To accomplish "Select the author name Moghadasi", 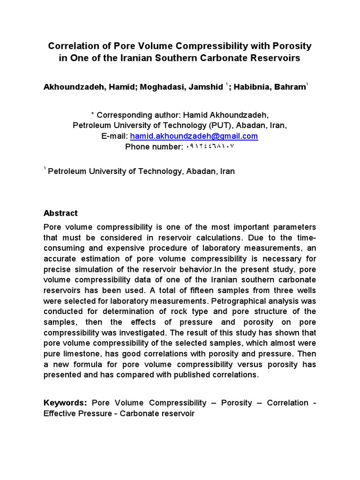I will coord(159,87).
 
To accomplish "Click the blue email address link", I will coord(194,136).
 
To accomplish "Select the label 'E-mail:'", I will coord(115,136).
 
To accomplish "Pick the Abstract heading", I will coord(60,213).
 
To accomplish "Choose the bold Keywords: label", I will coord(66,403).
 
